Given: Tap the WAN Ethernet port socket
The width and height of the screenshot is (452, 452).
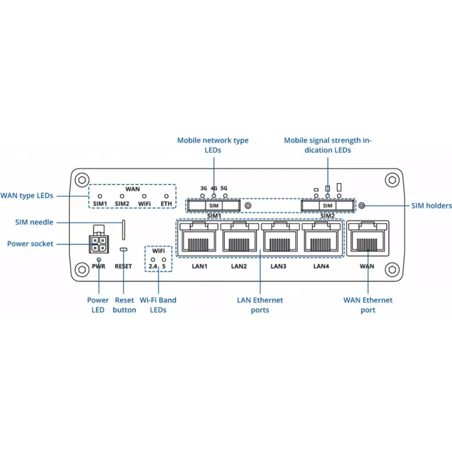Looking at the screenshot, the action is pos(368,238).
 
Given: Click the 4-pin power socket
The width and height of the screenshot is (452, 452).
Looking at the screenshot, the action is pos(98,244).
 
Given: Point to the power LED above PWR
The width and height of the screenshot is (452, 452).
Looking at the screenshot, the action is pos(99,259).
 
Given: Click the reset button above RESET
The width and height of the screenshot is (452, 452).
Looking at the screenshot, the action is pos(124,249).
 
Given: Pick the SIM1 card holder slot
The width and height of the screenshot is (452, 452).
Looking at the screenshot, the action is pos(214,206).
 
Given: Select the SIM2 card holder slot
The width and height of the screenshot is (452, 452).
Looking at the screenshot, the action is pos(328,206).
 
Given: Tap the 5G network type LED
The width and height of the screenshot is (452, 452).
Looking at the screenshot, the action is pos(225,195).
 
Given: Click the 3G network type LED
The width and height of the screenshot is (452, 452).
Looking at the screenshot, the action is pos(203,195).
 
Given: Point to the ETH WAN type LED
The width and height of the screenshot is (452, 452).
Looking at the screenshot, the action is pos(166,196).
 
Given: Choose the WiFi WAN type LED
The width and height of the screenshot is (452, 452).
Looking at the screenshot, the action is pos(144,196).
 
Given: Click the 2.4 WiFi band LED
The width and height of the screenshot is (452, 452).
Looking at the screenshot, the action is pos(153,260).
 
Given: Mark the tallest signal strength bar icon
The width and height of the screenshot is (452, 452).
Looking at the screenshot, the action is pos(339,187).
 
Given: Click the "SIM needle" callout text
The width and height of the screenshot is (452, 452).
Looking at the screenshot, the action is pos(34,222).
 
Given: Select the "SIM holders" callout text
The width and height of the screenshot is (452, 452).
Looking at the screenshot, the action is pos(431,206).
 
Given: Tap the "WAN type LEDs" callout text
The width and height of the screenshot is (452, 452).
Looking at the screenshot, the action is pos(27,195).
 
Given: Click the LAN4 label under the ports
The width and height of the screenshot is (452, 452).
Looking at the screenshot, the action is pos(321,266).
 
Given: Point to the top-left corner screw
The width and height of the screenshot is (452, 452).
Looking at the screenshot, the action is pos(82,180).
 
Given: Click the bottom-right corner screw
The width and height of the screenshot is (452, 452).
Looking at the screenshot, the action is pos(392,270).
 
